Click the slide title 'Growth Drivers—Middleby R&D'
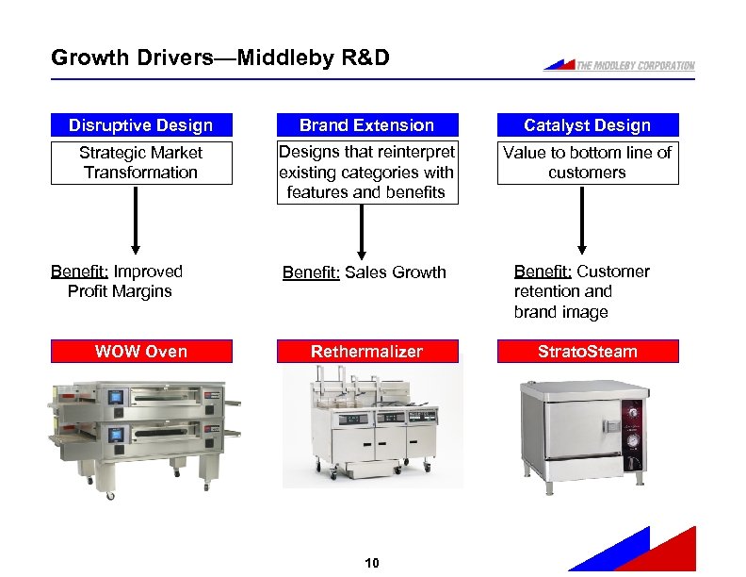(219, 58)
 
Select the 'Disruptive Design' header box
(140, 125)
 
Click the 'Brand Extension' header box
(366, 125)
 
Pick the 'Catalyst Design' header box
(587, 125)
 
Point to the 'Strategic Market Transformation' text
(140, 162)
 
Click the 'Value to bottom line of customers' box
(587, 162)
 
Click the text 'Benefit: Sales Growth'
(365, 272)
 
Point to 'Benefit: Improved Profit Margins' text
(118, 281)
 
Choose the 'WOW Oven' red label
(140, 352)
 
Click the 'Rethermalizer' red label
(366, 352)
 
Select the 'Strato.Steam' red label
(587, 352)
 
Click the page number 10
(371, 563)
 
